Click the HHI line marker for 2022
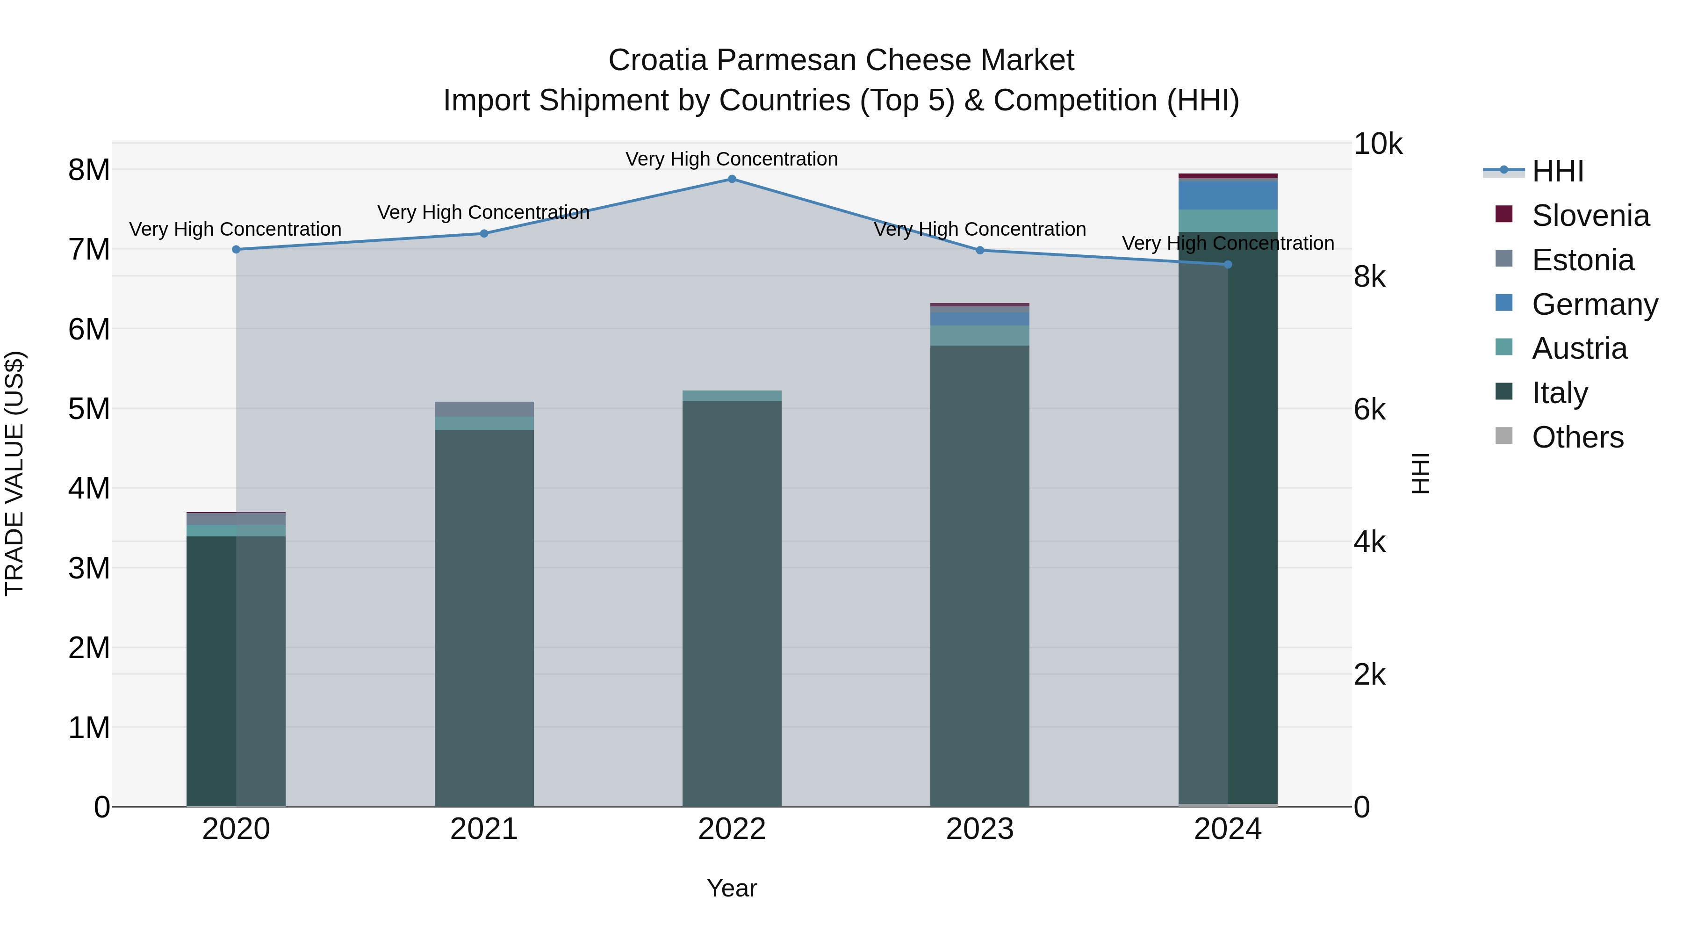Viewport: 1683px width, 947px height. [x=732, y=179]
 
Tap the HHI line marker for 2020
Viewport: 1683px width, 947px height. [x=237, y=250]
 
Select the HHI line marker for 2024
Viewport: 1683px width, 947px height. [x=1228, y=265]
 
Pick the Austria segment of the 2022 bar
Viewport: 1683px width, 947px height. [x=732, y=396]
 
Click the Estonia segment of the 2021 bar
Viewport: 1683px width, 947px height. [x=484, y=409]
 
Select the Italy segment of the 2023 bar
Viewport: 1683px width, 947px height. [x=979, y=575]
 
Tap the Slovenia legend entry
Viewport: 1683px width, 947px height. [x=1590, y=216]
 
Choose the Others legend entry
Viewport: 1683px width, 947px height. [x=1577, y=437]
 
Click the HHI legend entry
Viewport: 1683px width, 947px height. [x=1558, y=171]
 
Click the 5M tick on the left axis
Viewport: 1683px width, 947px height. [x=89, y=409]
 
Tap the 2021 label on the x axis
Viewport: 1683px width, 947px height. [x=484, y=829]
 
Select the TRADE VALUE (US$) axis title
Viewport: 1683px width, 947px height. [x=14, y=473]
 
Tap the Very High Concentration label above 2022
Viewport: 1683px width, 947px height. [x=732, y=159]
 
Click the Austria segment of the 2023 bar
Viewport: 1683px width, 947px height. [x=979, y=335]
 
